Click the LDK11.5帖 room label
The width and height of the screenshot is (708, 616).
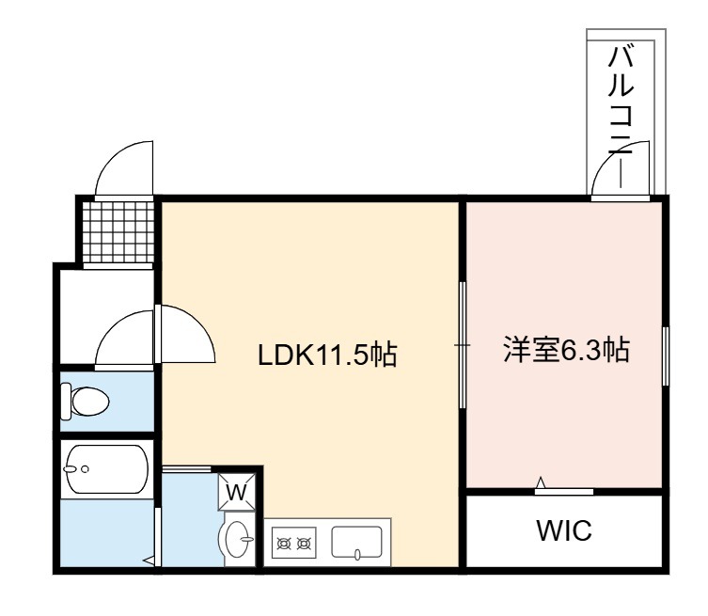point(327,355)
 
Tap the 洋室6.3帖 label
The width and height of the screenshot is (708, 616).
point(566,349)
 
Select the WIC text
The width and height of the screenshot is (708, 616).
point(564,530)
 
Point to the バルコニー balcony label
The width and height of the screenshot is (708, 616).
point(621,117)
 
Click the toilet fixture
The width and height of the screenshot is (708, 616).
point(85,401)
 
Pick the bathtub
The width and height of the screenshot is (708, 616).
point(106,469)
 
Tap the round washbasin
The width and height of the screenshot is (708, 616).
point(236,539)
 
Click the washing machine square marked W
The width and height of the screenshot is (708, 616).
point(237,491)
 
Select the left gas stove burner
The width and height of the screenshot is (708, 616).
point(285,544)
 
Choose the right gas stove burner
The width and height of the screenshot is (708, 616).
point(304,544)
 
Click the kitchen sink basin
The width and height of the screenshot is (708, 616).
point(356,543)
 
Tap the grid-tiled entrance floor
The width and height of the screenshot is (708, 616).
point(118,231)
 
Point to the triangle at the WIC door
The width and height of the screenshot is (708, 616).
point(541,482)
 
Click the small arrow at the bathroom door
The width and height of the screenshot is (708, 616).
point(149,561)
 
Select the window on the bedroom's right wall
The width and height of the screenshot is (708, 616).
point(665,355)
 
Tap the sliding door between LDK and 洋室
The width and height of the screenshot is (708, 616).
point(462,345)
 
